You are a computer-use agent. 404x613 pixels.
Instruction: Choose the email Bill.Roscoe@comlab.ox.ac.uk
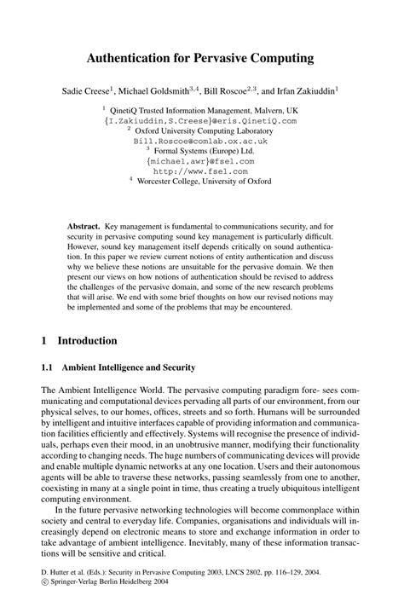(x=200, y=141)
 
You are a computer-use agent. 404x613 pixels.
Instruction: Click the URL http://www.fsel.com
(x=200, y=170)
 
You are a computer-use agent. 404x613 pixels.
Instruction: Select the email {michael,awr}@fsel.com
(x=200, y=160)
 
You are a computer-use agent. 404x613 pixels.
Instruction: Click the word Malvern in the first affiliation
(x=265, y=111)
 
